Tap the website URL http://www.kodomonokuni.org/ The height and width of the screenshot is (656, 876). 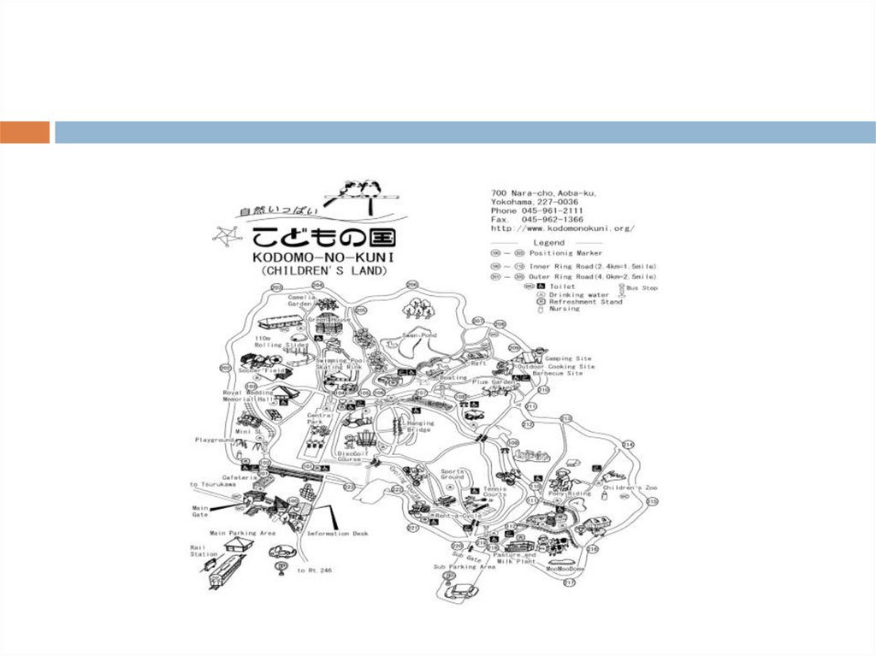(x=562, y=228)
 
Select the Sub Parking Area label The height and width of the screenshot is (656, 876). (x=465, y=566)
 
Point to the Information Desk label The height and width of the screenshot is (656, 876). (x=338, y=534)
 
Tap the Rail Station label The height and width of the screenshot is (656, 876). (x=204, y=550)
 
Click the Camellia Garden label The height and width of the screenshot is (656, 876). (x=302, y=300)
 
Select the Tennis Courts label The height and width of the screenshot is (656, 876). (x=494, y=492)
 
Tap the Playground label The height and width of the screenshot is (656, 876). (x=214, y=440)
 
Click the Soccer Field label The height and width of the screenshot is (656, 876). (x=261, y=370)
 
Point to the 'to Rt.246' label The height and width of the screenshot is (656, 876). (x=313, y=570)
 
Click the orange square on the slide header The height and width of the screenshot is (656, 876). (x=25, y=133)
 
